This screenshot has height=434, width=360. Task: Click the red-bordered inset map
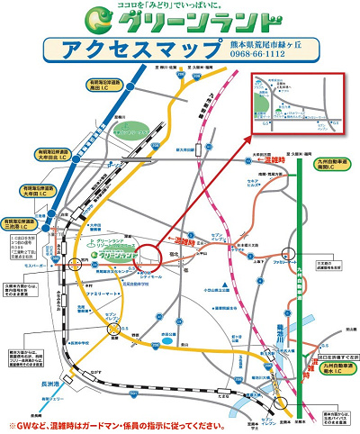point(298,102)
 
